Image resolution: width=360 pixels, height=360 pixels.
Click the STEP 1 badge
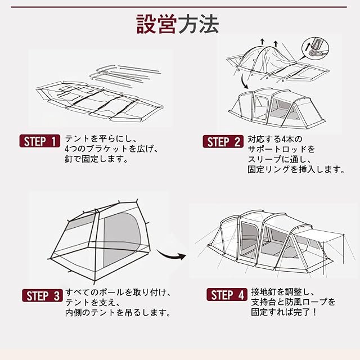tap(40, 141)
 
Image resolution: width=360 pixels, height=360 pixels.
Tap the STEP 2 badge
tap(223, 141)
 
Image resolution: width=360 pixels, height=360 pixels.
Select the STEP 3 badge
tap(42, 295)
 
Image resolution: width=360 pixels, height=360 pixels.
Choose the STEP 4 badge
tap(227, 295)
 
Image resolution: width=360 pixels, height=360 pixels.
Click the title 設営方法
tap(177, 24)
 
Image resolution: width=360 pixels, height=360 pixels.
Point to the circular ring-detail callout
tap(315, 49)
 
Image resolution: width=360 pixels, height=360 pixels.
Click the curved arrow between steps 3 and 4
tap(171, 254)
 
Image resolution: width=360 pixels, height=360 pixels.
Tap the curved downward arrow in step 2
tap(244, 82)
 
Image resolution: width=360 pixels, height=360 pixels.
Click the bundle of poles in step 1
tap(125, 76)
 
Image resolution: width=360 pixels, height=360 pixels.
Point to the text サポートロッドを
tap(281, 149)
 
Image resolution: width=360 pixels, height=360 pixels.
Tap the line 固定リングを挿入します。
tap(296, 169)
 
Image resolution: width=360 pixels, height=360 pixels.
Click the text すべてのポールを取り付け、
tap(118, 292)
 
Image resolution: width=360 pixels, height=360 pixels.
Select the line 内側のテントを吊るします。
tap(118, 313)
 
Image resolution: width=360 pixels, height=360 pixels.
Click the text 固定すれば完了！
tap(283, 312)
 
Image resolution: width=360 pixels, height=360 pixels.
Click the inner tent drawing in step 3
tap(99, 241)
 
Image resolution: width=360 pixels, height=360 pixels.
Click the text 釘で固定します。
tap(96, 159)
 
